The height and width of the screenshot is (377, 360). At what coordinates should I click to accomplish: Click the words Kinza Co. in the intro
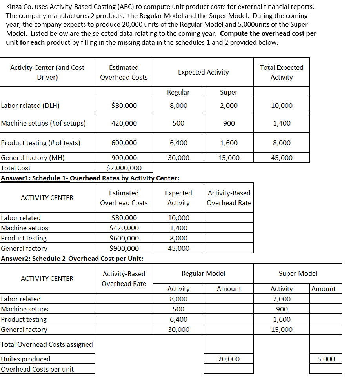(x=20, y=7)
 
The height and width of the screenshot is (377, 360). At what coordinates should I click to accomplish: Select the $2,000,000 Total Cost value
(x=124, y=168)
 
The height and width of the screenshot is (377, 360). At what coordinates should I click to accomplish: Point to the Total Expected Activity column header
(x=281, y=72)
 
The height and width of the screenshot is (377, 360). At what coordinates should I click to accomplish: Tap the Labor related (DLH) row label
(x=30, y=106)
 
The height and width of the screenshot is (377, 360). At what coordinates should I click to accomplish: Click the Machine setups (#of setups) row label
(x=43, y=123)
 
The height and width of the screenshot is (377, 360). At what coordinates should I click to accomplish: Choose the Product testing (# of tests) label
(x=40, y=143)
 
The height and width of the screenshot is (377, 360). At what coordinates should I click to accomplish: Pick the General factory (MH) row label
(x=33, y=158)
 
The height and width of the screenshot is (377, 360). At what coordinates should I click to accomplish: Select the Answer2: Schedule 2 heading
(x=72, y=259)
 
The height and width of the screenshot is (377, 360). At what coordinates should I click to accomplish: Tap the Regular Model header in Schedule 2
(x=203, y=273)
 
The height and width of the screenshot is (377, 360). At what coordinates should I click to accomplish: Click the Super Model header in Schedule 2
(x=298, y=273)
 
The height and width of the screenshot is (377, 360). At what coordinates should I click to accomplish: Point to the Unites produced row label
(x=26, y=359)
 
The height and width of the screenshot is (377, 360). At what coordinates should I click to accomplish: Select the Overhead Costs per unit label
(x=37, y=369)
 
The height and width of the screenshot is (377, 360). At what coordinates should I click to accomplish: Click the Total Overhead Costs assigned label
(x=47, y=344)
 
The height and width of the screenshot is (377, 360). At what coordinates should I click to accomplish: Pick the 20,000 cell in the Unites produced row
(x=229, y=359)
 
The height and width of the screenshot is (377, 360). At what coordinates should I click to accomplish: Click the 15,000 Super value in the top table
(x=229, y=158)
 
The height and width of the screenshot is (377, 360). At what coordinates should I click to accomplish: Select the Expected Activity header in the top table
(x=203, y=72)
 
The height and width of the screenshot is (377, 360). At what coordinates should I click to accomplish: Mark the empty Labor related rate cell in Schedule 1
(x=229, y=218)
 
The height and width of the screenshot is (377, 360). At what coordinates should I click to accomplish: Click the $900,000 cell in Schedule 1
(x=124, y=248)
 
